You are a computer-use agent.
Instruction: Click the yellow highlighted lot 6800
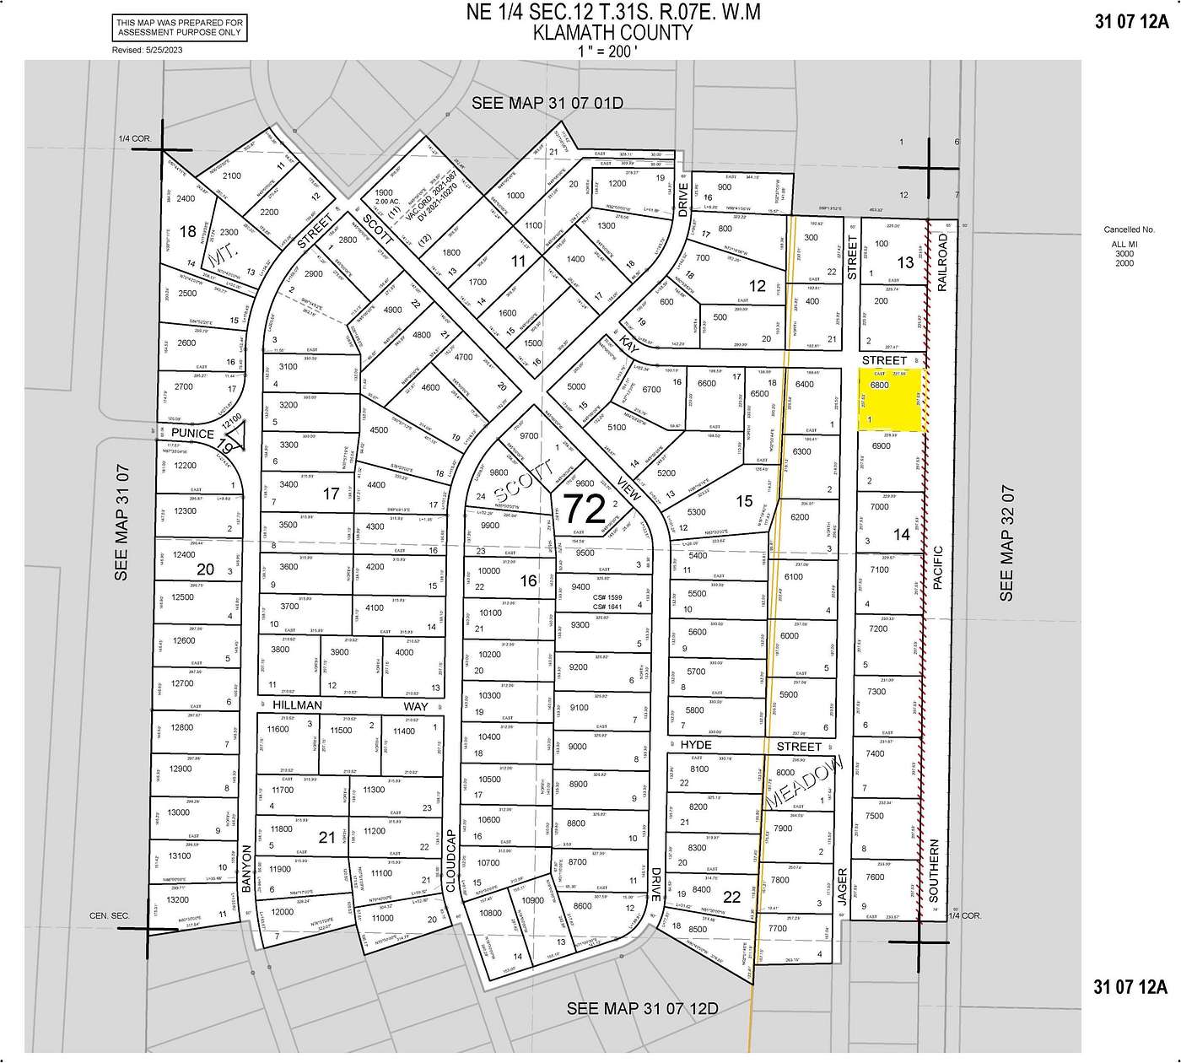[x=891, y=402]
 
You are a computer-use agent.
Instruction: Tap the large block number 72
[x=584, y=510]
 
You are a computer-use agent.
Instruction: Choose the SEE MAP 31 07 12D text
[x=642, y=1008]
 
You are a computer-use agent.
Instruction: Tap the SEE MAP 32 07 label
[x=1006, y=543]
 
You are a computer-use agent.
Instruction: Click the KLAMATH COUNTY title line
[x=612, y=32]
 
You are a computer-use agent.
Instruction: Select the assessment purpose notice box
[x=180, y=28]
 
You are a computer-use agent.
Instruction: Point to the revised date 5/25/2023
[x=147, y=51]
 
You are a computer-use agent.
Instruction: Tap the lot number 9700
[x=529, y=436]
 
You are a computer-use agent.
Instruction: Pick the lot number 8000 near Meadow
[x=785, y=773]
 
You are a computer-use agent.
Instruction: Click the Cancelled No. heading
[x=1129, y=229]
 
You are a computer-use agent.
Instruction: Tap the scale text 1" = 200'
[x=612, y=50]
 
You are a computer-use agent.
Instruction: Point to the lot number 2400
[x=186, y=199]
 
